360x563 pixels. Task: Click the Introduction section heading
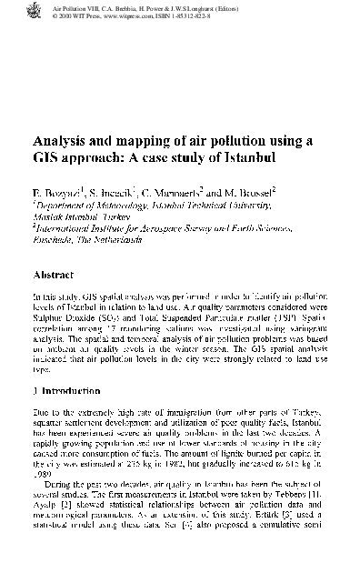(68, 390)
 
